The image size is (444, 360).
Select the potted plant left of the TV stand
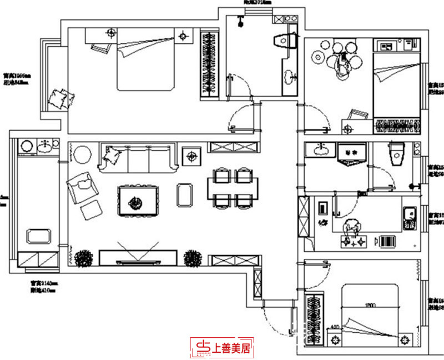(84, 258)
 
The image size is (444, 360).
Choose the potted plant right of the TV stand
(192, 257)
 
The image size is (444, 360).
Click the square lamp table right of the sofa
(191, 156)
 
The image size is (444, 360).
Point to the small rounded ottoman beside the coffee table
(185, 194)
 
